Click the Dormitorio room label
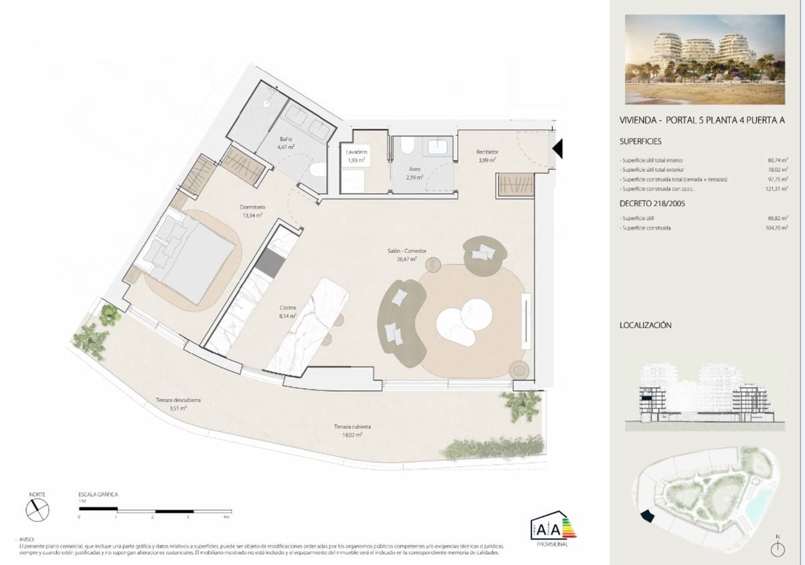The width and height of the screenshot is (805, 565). tap(253, 208)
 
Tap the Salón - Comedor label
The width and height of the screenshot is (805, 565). tap(407, 251)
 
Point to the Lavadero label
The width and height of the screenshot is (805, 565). tap(356, 152)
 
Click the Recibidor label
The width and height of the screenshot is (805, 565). tap(486, 152)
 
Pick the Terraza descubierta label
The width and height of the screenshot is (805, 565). tap(178, 400)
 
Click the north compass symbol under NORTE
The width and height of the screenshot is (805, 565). tap(37, 510)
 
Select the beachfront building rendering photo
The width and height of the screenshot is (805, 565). tap(704, 59)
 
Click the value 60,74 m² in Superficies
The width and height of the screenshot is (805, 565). tap(777, 161)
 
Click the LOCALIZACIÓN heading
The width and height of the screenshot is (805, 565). tap(645, 325)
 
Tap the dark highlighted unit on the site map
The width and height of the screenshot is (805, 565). tap(647, 515)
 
